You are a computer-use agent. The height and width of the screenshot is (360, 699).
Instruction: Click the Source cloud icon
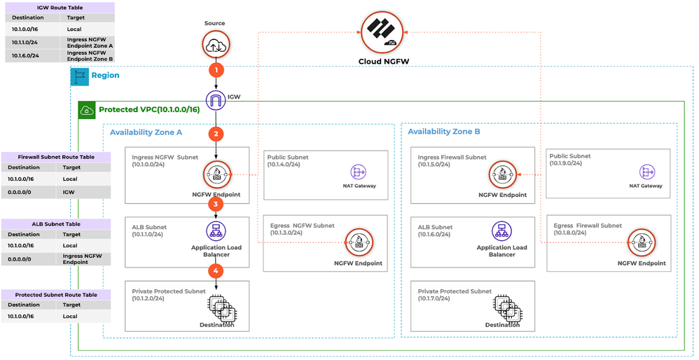215,45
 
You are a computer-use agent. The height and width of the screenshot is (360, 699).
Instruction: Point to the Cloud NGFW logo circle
383,32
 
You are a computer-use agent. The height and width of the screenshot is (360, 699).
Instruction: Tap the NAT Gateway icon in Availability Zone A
359,172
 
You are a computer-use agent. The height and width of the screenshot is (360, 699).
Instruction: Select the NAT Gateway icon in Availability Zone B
646,172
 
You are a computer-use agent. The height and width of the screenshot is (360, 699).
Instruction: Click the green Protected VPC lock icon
87,110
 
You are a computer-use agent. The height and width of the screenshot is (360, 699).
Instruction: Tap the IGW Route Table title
60,8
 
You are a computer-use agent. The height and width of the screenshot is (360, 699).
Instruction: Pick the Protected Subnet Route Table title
56,295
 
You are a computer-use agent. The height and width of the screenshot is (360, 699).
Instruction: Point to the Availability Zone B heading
443,132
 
